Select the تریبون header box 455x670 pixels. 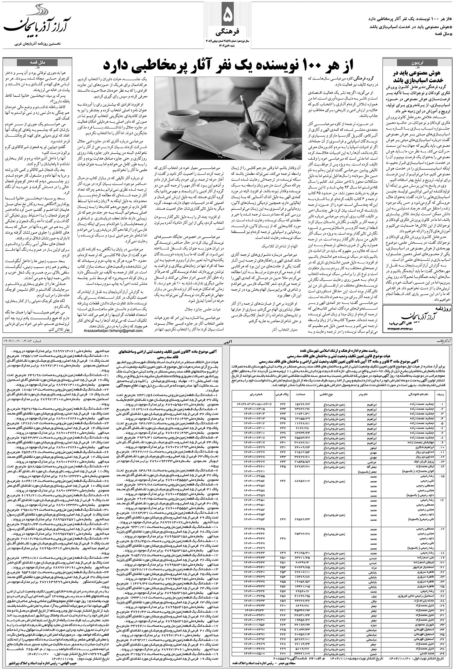click(417, 63)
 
